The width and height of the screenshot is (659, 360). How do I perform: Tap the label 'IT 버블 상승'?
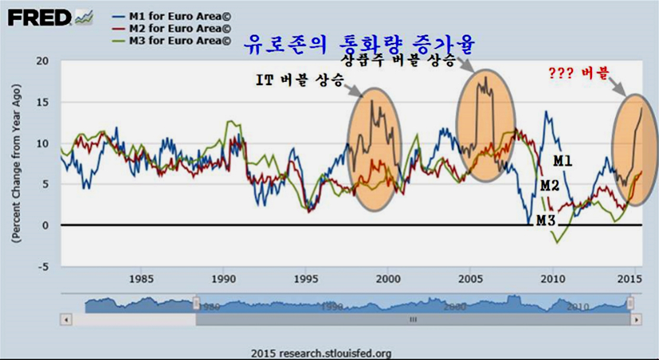click(x=300, y=80)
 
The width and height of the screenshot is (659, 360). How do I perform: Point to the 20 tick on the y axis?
click(x=43, y=61)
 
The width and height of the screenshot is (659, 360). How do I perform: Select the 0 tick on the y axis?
click(x=46, y=225)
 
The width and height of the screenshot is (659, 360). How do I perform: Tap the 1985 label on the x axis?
click(x=141, y=280)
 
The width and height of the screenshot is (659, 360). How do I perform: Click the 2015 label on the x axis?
click(x=630, y=280)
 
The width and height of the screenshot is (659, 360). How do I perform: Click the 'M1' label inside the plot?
click(x=563, y=161)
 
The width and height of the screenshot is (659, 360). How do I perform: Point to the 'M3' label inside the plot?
click(x=545, y=220)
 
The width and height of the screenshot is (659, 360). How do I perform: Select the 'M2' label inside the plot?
click(x=550, y=186)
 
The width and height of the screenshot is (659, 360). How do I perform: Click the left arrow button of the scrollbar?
click(x=67, y=319)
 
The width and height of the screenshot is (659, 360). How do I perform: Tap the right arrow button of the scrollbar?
click(x=636, y=319)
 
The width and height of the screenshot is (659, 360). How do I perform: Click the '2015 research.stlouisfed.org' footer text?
click(x=321, y=352)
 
